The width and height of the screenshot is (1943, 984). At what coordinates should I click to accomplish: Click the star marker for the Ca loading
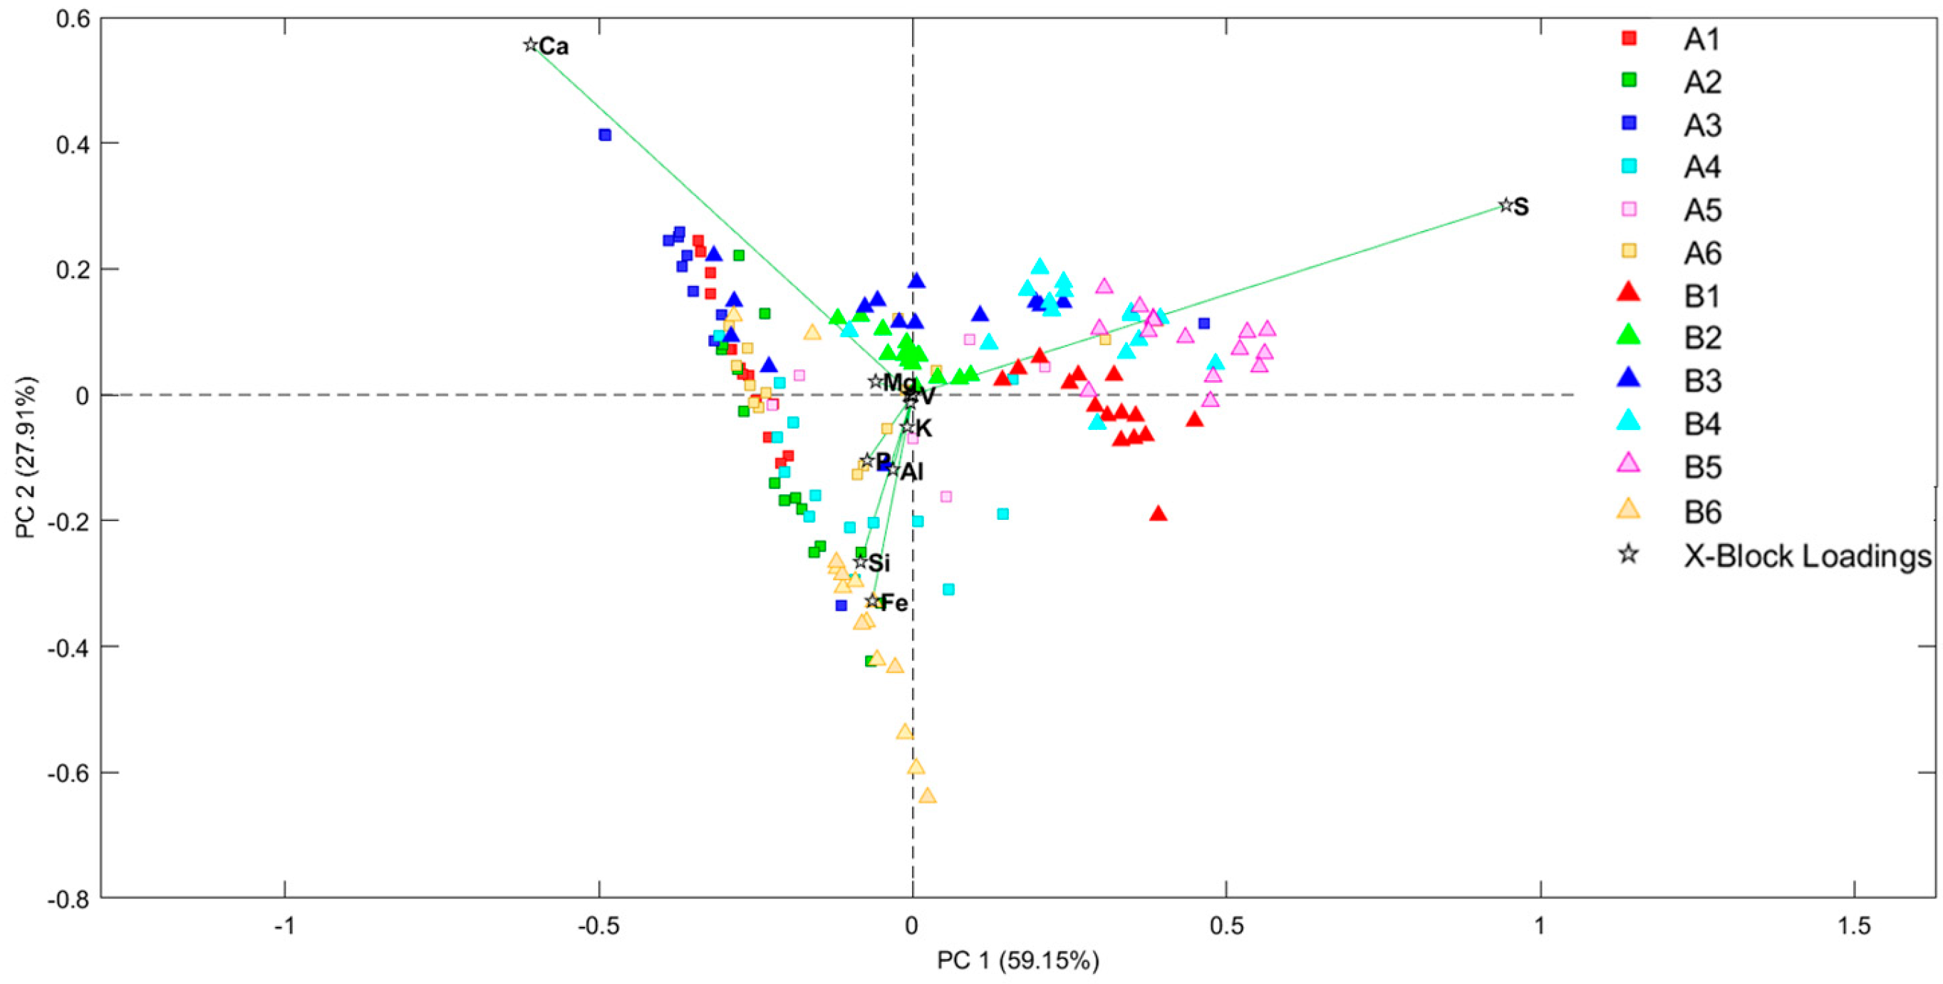[x=530, y=45]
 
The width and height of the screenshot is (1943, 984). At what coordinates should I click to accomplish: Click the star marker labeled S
[x=1506, y=205]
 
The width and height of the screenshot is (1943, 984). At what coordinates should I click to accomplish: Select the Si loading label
[x=879, y=563]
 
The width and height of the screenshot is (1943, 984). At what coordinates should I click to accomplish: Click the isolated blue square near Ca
[x=605, y=135]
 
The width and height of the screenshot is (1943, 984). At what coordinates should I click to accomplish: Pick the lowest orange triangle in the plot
[x=928, y=796]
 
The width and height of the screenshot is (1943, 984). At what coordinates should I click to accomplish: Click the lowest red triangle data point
[x=1159, y=515]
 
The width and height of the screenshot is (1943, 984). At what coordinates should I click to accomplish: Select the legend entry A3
[x=1702, y=125]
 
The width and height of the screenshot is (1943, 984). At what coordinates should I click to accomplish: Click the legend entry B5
[x=1702, y=467]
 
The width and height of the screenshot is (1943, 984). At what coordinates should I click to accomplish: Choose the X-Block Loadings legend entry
[x=1806, y=556]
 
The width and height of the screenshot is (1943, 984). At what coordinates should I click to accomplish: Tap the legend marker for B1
[x=1629, y=293]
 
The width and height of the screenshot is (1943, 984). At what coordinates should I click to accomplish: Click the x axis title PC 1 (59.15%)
[x=1017, y=960]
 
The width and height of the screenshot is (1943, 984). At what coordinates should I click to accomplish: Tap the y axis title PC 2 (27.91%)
[x=26, y=457]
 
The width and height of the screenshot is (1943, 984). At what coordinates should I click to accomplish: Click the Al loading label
[x=912, y=472]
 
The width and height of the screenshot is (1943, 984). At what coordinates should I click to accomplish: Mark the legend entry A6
[x=1702, y=253]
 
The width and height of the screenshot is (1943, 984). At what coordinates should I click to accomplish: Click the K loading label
[x=923, y=429]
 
